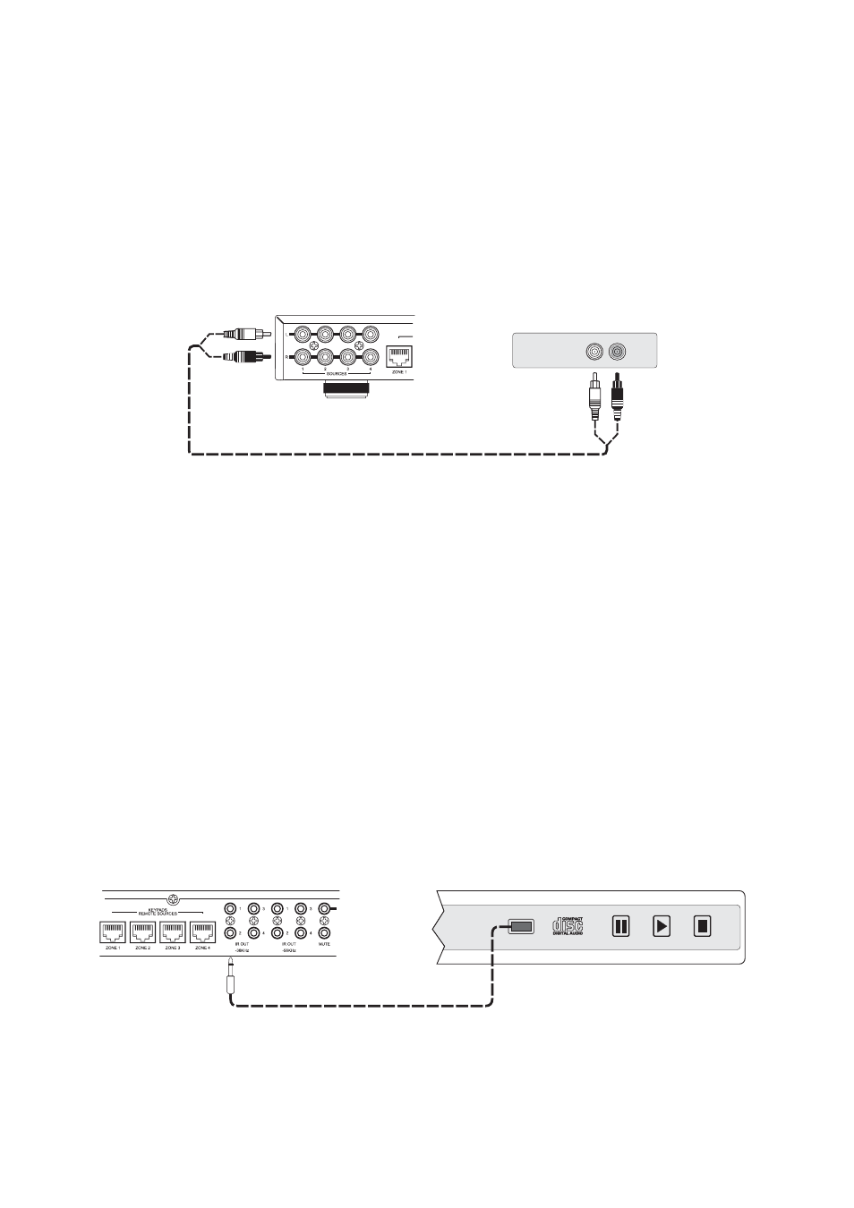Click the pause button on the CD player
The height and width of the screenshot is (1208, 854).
(x=620, y=926)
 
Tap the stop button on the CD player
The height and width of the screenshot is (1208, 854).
(x=703, y=926)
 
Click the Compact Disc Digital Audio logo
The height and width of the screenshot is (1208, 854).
(x=568, y=925)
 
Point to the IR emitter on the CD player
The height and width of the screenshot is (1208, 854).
(x=521, y=927)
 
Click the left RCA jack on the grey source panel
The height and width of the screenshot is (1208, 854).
(x=594, y=352)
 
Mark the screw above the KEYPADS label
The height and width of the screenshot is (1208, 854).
(x=175, y=898)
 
